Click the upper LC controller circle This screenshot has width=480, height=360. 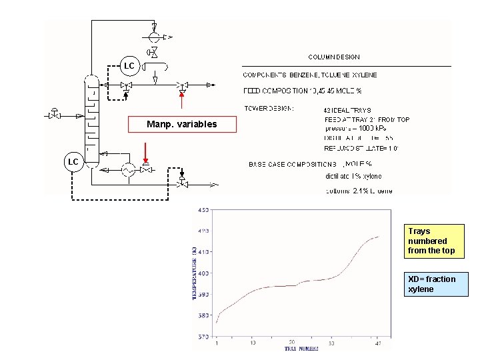(129, 66)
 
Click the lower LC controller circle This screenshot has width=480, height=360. (73, 162)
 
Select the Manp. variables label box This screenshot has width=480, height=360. (182, 124)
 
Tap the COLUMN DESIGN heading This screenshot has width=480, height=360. (333, 57)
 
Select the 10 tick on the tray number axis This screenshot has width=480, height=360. (253, 343)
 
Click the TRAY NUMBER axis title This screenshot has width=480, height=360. (303, 349)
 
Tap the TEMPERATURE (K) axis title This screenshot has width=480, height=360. (195, 273)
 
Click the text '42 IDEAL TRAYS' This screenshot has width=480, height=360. (347, 110)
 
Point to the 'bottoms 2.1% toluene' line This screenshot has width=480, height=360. (359, 191)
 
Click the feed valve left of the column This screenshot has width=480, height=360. (54, 115)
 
